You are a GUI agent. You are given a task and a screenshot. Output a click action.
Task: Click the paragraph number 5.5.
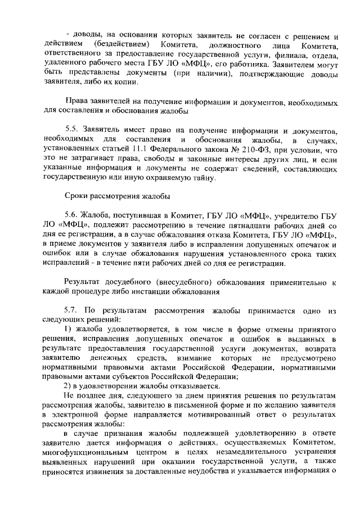point(71,129)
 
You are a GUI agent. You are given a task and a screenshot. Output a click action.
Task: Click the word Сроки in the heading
point(76,196)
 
